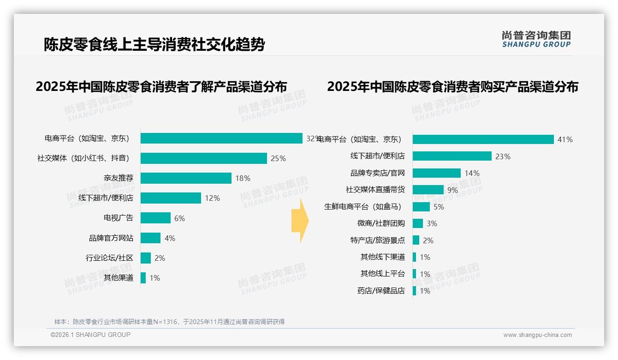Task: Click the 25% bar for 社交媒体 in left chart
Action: tap(203, 158)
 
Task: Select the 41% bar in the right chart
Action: tap(483, 139)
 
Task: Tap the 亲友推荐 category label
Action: tap(119, 178)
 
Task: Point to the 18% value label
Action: tap(243, 178)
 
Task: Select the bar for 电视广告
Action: tap(155, 218)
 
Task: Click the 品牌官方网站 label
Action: tap(111, 238)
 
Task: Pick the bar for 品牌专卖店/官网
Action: tap(436, 173)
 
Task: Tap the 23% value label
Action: tap(503, 156)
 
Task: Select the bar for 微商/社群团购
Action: tap(417, 223)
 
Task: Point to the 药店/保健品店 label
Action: tap(381, 291)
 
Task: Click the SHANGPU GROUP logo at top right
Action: tap(536, 39)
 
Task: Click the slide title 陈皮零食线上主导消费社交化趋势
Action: tap(154, 45)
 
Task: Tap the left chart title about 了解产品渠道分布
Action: tap(161, 86)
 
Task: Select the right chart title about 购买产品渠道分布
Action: tap(452, 86)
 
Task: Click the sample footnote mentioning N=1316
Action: tap(169, 322)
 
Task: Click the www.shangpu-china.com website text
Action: tap(537, 335)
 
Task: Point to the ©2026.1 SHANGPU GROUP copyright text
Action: tap(90, 335)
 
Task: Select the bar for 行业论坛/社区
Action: tap(145, 258)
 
